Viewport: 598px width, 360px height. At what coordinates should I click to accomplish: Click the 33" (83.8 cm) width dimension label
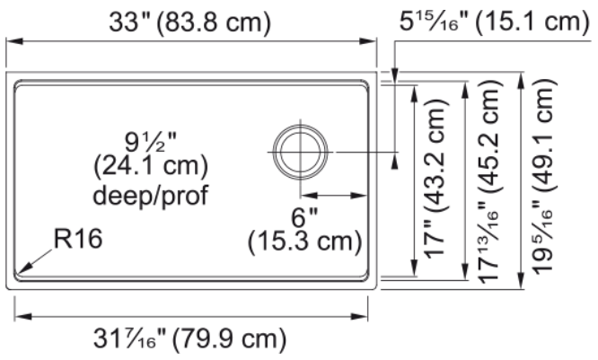[190, 22]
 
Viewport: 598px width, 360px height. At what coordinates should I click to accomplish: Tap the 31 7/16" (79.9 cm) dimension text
[189, 338]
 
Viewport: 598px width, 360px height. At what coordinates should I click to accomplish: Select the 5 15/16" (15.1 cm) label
[494, 21]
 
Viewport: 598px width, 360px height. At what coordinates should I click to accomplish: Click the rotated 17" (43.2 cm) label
[435, 179]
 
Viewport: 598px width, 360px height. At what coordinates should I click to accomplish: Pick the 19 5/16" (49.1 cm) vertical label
[542, 176]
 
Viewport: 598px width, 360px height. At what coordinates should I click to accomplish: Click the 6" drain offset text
[304, 217]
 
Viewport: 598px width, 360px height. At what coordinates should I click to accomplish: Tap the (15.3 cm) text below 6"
[304, 241]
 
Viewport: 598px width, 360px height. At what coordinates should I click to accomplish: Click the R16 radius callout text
[78, 239]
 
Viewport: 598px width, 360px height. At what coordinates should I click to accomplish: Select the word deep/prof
[151, 195]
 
